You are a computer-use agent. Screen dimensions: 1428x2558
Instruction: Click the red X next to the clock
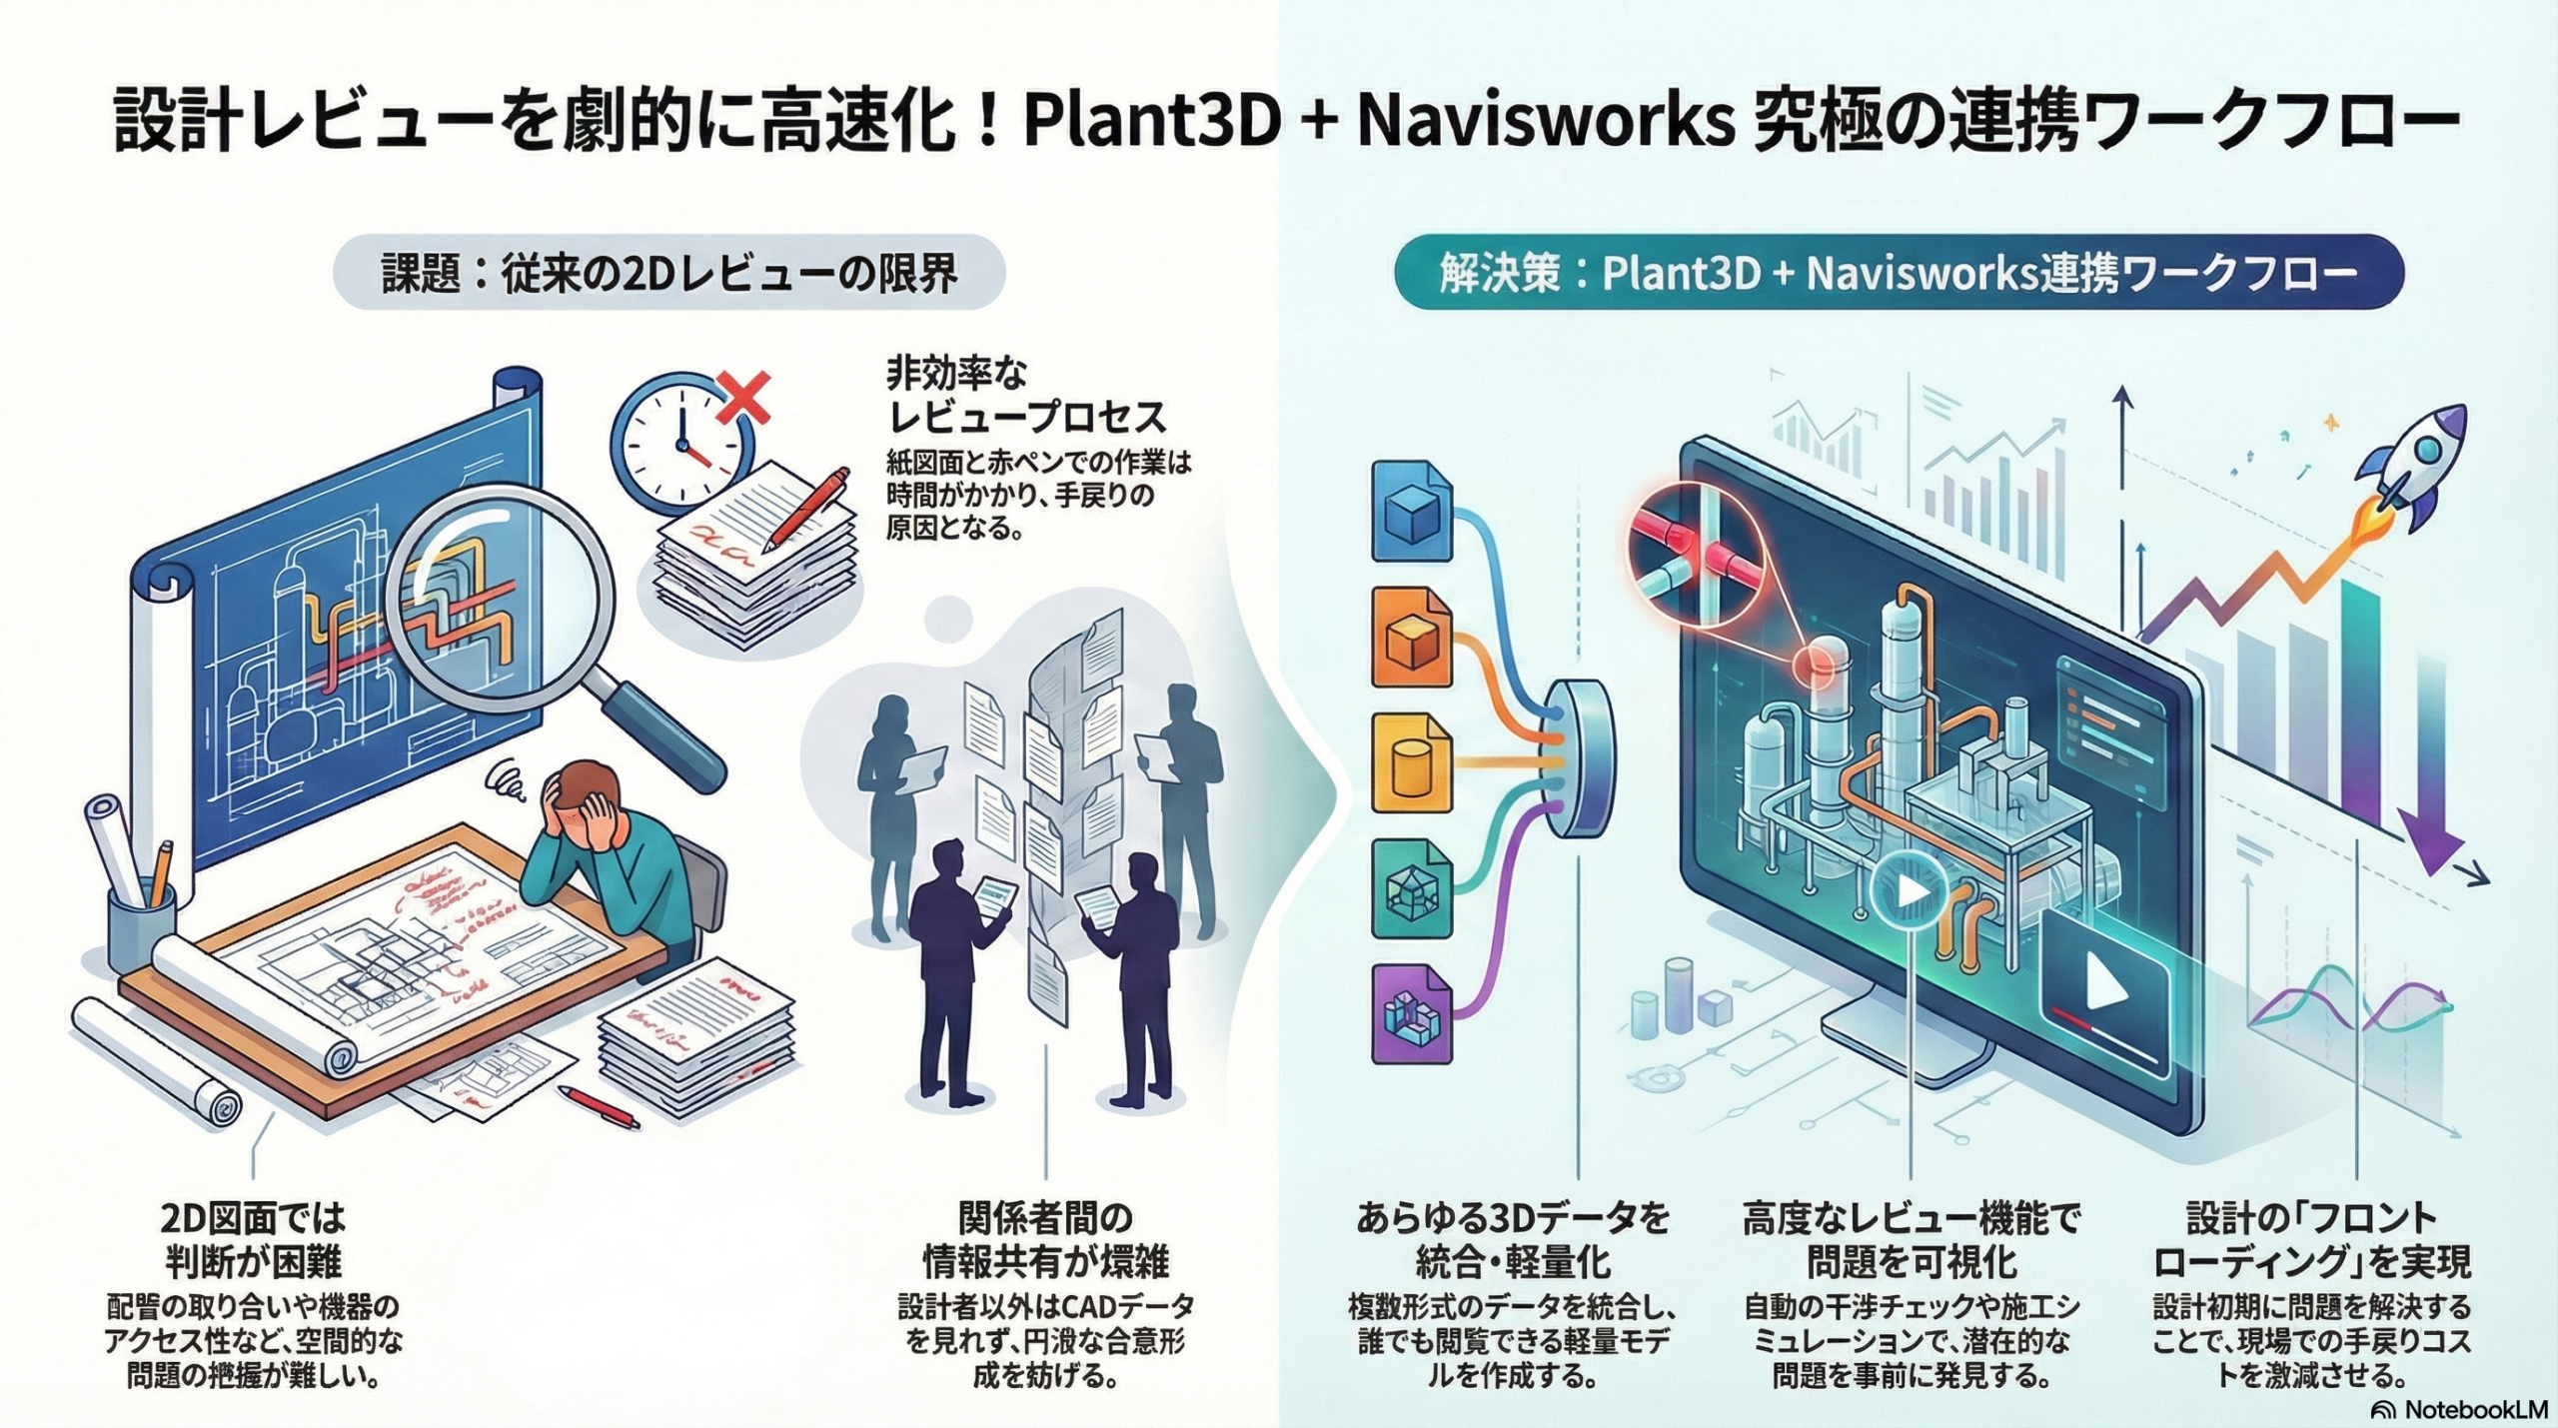[x=744, y=398]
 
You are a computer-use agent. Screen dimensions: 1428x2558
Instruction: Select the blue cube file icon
[x=1412, y=511]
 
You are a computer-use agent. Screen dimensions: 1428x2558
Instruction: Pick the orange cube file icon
[x=1412, y=637]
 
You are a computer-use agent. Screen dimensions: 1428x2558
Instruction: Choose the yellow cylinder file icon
[x=1412, y=762]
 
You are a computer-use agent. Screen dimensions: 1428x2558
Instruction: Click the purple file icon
[x=1412, y=1013]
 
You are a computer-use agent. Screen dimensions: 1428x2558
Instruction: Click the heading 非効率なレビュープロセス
[x=1024, y=394]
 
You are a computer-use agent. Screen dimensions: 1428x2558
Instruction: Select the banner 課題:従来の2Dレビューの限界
[x=668, y=273]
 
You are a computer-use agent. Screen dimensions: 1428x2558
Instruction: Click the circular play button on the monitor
[x=1910, y=889]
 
